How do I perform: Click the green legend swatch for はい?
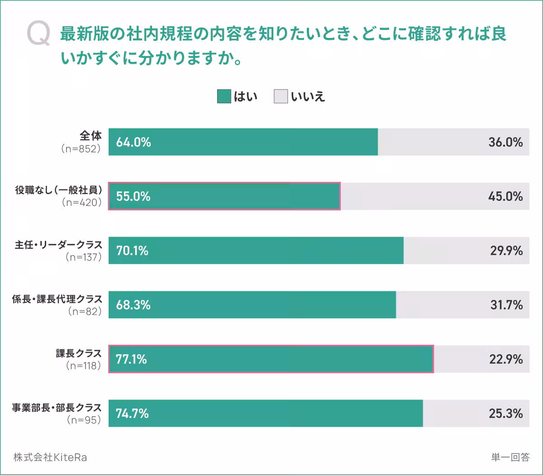coord(224,96)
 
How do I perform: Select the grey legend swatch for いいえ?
coord(281,96)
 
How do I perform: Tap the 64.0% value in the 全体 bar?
coord(133,142)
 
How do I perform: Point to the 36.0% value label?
coord(505,142)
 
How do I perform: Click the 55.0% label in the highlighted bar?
coord(133,196)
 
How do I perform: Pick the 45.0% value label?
coord(505,196)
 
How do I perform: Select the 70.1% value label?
coord(132,251)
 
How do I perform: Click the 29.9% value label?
coord(506,251)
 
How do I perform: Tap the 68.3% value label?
coord(133,305)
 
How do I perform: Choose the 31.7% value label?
coord(506,305)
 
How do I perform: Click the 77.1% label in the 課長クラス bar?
coord(131,359)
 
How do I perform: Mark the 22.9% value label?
coord(506,359)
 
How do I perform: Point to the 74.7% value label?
coord(132,413)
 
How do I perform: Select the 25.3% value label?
coord(506,413)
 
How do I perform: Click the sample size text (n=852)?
coord(81,149)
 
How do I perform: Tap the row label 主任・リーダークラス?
coord(58,245)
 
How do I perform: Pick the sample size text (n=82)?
coord(85,311)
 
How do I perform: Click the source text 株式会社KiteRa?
coord(50,457)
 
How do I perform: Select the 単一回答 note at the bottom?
coord(510,457)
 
